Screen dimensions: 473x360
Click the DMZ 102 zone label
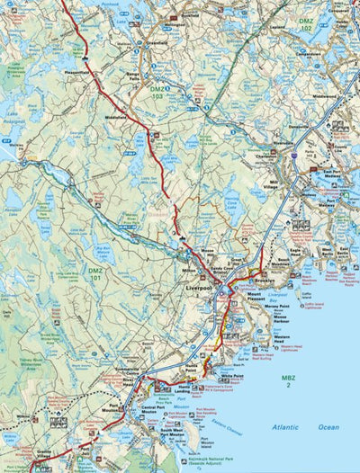pos(306,25)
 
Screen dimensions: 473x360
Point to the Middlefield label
pos(117,117)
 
